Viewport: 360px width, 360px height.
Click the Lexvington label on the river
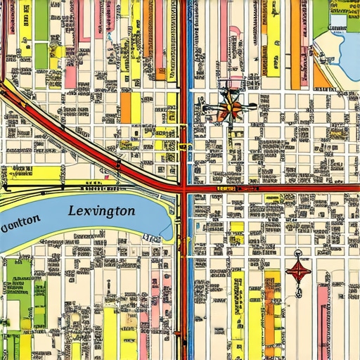coord(103,210)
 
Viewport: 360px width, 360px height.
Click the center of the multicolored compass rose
coord(229,109)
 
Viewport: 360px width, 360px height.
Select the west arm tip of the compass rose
coord(204,109)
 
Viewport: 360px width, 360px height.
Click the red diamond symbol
coord(298,271)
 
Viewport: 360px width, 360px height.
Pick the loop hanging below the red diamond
coord(298,290)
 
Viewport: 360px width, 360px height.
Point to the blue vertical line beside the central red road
coord(190,141)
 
